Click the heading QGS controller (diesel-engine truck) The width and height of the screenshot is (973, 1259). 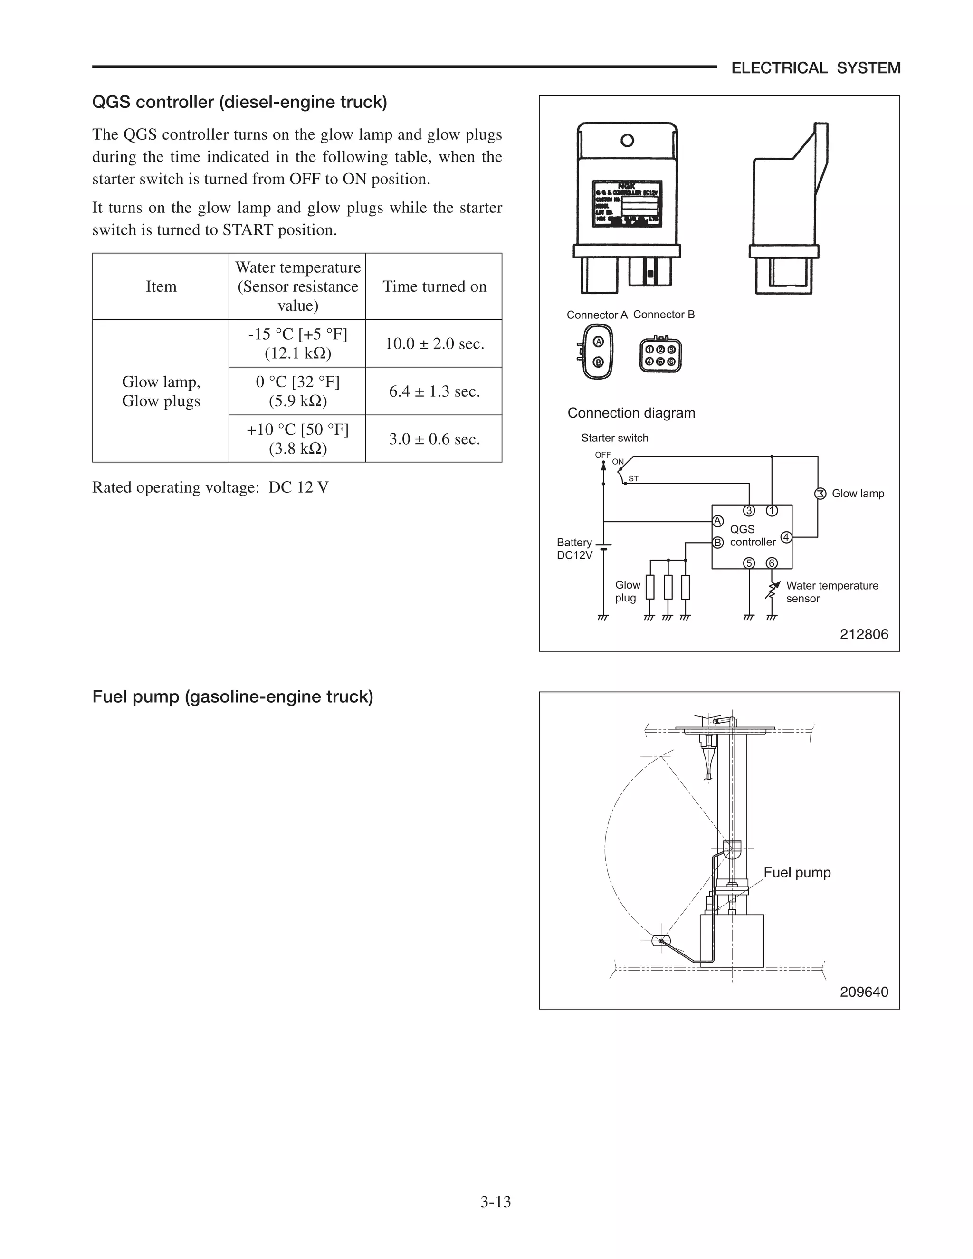(239, 102)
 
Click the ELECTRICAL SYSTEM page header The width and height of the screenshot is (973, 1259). (815, 68)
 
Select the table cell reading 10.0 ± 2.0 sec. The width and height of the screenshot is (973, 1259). (434, 343)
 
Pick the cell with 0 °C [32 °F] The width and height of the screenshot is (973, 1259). (297, 391)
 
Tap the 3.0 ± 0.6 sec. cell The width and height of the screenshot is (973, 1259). (434, 439)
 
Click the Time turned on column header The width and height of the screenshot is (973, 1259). (434, 286)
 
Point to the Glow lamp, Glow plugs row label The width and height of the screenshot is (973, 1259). (161, 391)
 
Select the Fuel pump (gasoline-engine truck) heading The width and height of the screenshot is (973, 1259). (232, 696)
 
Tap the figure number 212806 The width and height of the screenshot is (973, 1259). (863, 634)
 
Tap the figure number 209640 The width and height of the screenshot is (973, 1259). (863, 992)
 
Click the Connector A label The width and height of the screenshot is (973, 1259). (597, 315)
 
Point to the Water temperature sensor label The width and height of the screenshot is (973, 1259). (831, 592)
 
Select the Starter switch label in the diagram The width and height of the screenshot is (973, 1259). (614, 438)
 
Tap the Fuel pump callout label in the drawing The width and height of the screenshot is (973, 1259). (797, 872)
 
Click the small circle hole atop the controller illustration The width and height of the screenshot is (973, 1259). (627, 140)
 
